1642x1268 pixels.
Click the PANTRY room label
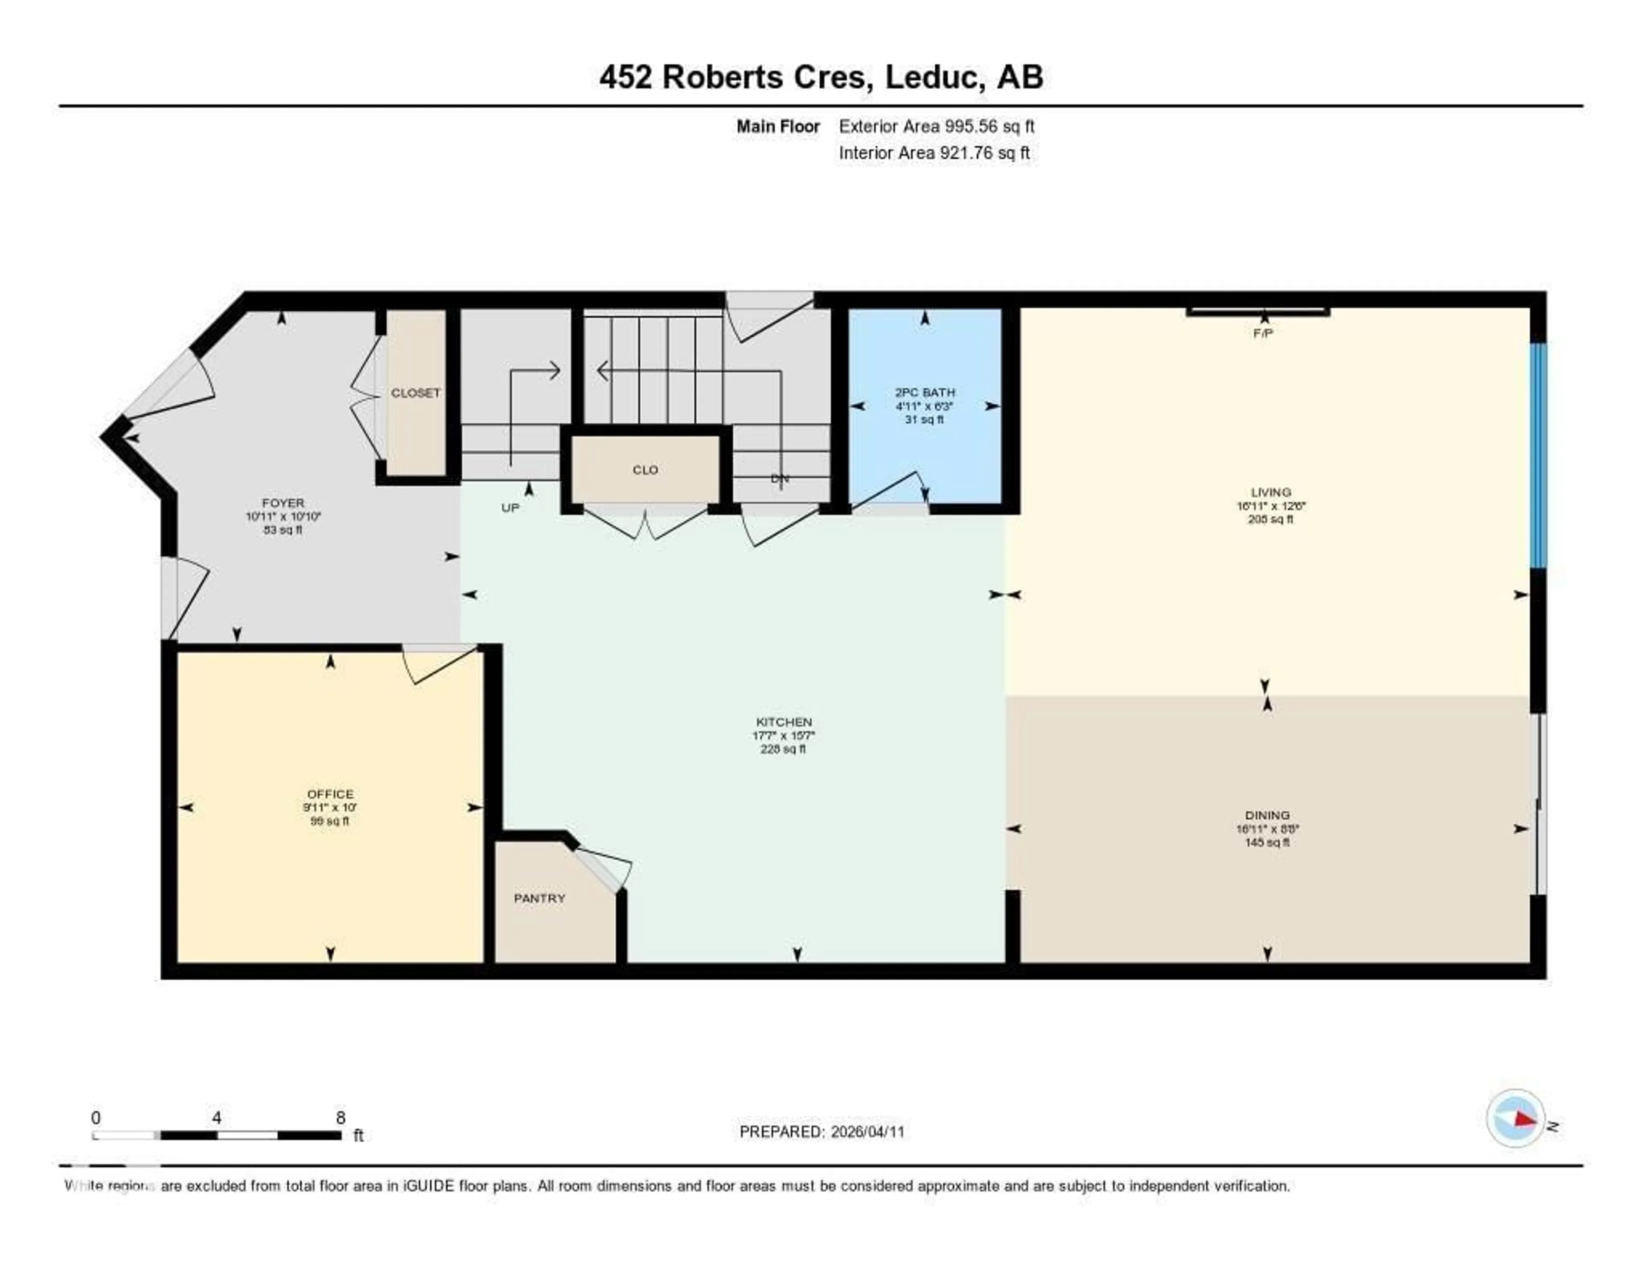click(x=539, y=898)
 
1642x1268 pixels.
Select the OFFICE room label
click(x=330, y=794)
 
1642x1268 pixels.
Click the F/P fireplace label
click(x=1263, y=333)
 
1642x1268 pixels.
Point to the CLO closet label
click(x=645, y=470)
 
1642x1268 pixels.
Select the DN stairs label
click(x=780, y=479)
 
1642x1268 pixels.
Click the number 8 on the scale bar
click(x=340, y=1118)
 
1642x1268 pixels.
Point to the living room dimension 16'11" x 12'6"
click(x=1270, y=506)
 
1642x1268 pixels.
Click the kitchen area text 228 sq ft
click(x=783, y=749)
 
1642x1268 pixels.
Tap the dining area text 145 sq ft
click(x=1267, y=843)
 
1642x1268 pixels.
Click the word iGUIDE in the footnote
click(x=428, y=1186)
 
